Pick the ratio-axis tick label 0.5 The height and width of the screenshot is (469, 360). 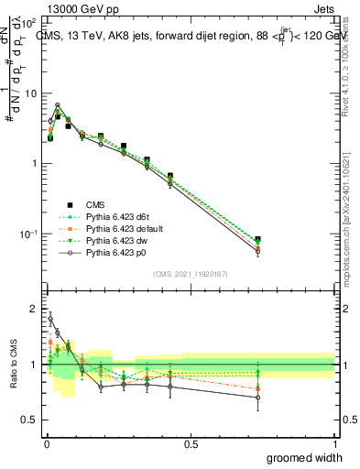[x=29, y=420]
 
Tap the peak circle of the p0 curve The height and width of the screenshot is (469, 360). [x=58, y=105]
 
